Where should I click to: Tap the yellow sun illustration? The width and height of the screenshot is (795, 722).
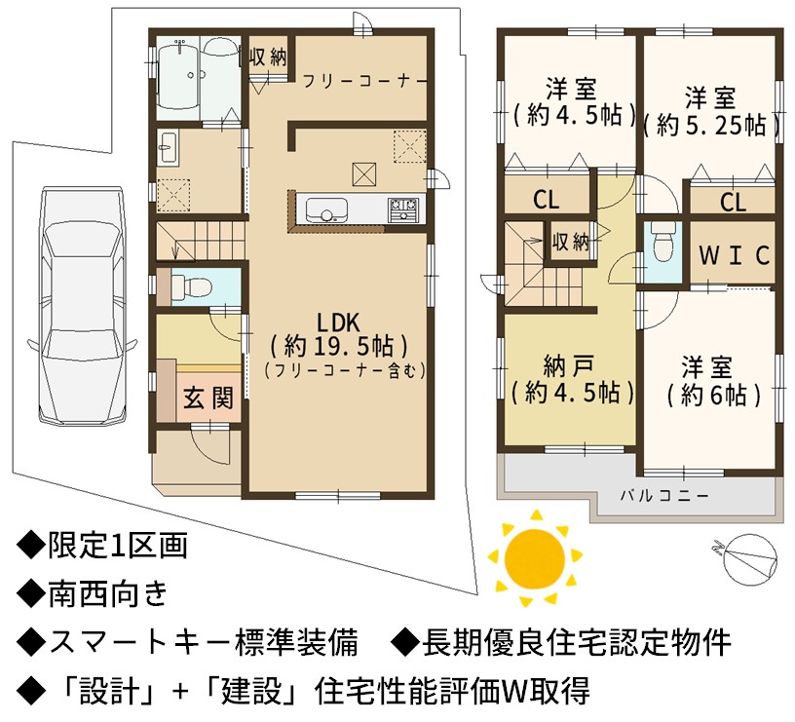pyautogui.click(x=535, y=558)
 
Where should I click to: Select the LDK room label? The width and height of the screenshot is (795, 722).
pyautogui.click(x=339, y=323)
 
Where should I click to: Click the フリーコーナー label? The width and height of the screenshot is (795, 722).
pyautogui.click(x=364, y=81)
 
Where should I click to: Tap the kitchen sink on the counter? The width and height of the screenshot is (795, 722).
pyautogui.click(x=326, y=209)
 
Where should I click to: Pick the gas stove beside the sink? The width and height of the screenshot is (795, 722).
pyautogui.click(x=403, y=209)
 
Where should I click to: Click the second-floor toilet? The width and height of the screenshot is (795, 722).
pyautogui.click(x=662, y=246)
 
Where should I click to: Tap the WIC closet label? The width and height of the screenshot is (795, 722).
pyautogui.click(x=734, y=255)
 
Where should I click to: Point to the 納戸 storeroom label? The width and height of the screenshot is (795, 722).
pyautogui.click(x=568, y=366)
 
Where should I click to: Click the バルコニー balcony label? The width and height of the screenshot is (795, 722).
pyautogui.click(x=664, y=495)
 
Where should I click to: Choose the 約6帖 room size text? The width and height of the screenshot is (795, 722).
pyautogui.click(x=714, y=395)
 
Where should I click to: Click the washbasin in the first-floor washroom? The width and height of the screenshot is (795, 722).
pyautogui.click(x=168, y=147)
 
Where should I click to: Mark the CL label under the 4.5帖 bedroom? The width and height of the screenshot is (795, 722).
pyautogui.click(x=547, y=200)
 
